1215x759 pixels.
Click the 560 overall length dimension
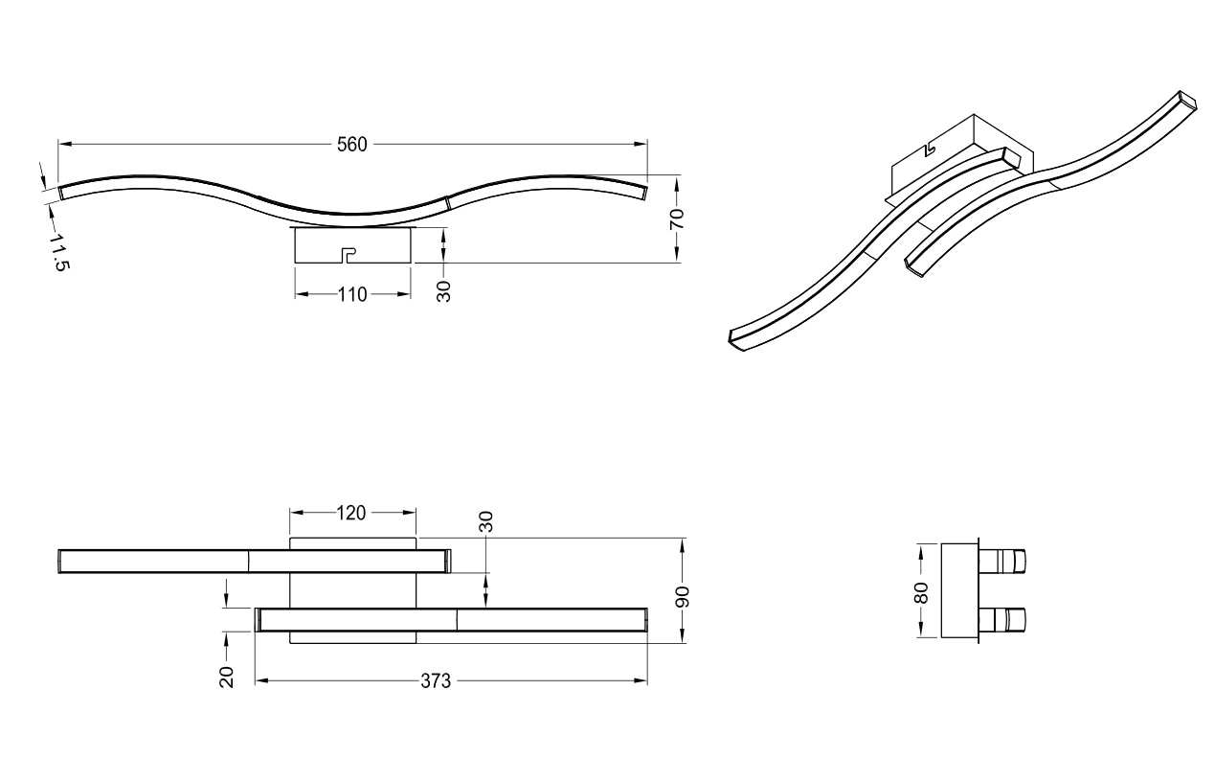351,145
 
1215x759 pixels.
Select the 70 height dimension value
677,218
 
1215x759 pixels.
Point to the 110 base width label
352,294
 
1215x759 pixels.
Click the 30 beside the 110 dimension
444,291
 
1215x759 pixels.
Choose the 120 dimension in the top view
351,513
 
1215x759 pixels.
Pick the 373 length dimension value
436,681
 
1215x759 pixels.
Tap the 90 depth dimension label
683,596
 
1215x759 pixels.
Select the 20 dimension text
227,678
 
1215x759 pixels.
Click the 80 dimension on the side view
921,592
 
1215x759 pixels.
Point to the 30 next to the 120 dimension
486,521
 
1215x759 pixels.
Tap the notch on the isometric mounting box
929,151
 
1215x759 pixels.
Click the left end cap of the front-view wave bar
61,192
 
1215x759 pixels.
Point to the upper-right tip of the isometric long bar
1188,101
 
